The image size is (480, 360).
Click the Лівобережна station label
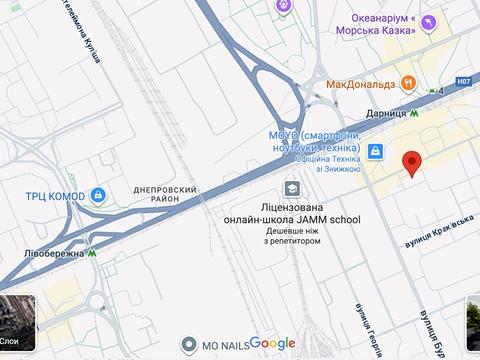pyautogui.click(x=53, y=255)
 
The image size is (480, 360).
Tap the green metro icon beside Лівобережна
pyautogui.click(x=93, y=255)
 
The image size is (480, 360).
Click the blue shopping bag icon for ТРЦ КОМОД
pyautogui.click(x=98, y=195)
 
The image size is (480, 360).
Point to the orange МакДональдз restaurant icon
pyautogui.click(x=408, y=84)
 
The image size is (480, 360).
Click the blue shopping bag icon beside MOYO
pyautogui.click(x=374, y=151)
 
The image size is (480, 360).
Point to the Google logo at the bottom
pyautogui.click(x=272, y=343)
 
